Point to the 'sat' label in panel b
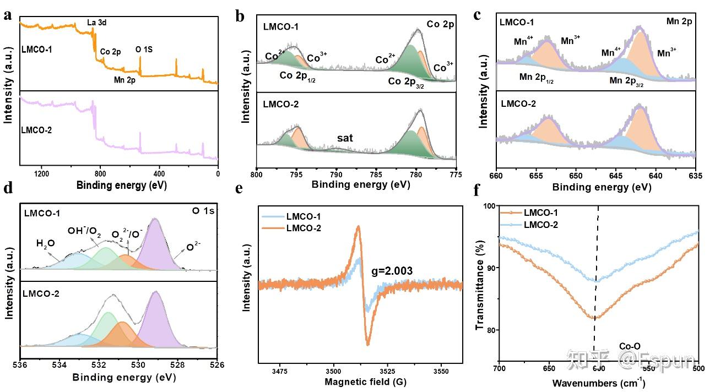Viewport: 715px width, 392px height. pyautogui.click(x=345, y=138)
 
